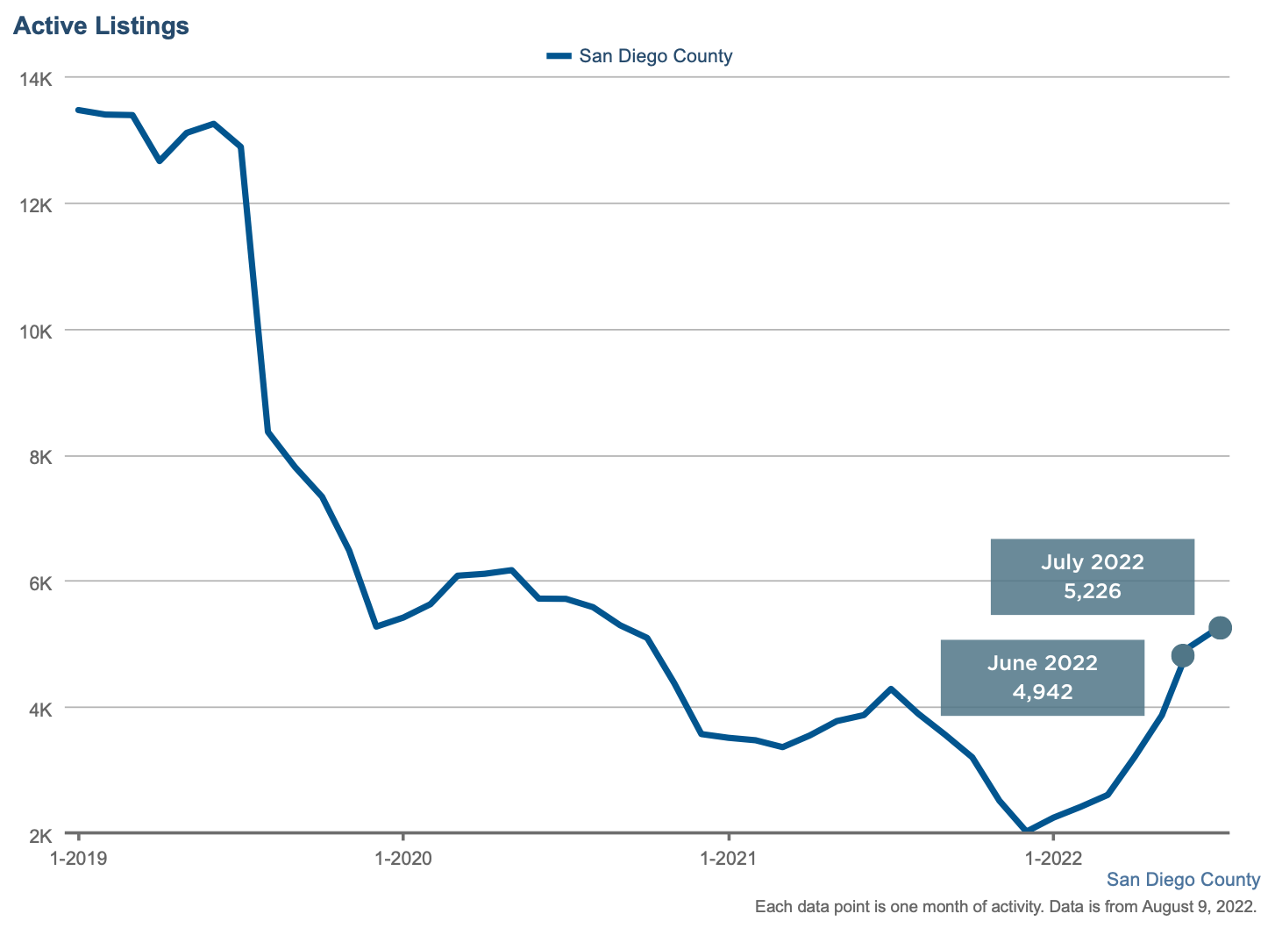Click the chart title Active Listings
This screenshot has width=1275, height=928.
point(101,26)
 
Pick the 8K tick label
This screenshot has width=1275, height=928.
point(40,457)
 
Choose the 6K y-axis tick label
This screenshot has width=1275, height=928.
point(40,583)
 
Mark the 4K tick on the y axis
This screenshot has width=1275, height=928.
point(40,709)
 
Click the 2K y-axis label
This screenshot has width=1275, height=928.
point(40,835)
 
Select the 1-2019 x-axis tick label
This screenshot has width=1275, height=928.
point(79,858)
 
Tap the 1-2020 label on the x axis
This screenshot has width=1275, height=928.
point(402,858)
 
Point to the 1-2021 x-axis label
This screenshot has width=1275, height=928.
point(728,858)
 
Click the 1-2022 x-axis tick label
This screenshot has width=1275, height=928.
point(1052,858)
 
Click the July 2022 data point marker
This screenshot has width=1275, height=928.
point(1220,627)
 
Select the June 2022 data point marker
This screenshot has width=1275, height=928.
point(1182,655)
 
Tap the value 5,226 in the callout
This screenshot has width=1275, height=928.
point(1092,590)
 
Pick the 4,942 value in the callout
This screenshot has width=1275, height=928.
point(1042,691)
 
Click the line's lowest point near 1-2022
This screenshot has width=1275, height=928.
point(1026,830)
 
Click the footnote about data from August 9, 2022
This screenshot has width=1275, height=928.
point(1006,906)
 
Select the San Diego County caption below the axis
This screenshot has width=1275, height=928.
point(1182,880)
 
